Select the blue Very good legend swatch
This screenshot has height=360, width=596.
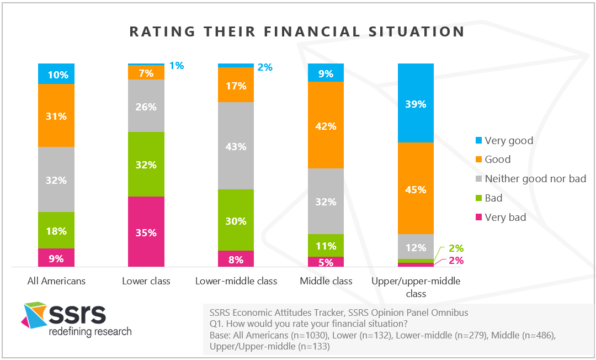479,141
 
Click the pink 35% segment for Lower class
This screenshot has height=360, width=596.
146,232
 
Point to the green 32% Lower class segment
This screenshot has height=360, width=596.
146,164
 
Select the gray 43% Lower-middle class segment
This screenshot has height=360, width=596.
236,146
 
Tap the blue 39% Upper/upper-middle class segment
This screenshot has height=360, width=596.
416,103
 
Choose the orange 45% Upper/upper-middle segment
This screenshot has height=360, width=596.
416,189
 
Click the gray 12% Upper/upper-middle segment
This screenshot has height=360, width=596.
416,247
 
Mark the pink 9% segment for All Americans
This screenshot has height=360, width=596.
56,258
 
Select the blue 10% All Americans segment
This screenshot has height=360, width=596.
56,73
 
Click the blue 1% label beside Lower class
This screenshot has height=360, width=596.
177,66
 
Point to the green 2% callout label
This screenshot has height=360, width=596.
456,248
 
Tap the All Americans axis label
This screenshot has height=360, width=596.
56,281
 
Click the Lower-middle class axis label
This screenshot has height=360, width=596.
236,281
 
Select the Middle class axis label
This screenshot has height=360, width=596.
326,281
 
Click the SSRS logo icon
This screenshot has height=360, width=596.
34,315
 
